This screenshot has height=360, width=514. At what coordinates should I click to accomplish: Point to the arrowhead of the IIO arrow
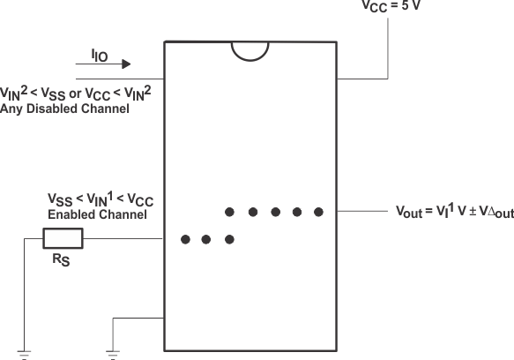127,64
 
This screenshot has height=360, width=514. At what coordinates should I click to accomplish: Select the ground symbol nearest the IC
113,354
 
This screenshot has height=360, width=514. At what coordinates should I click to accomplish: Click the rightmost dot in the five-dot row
319,212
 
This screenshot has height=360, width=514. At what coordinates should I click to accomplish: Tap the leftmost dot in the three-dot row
184,239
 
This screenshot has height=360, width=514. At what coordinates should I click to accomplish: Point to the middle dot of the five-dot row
274,212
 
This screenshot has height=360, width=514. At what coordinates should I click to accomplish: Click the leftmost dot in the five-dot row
229,212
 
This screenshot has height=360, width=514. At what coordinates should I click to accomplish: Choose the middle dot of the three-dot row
207,239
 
